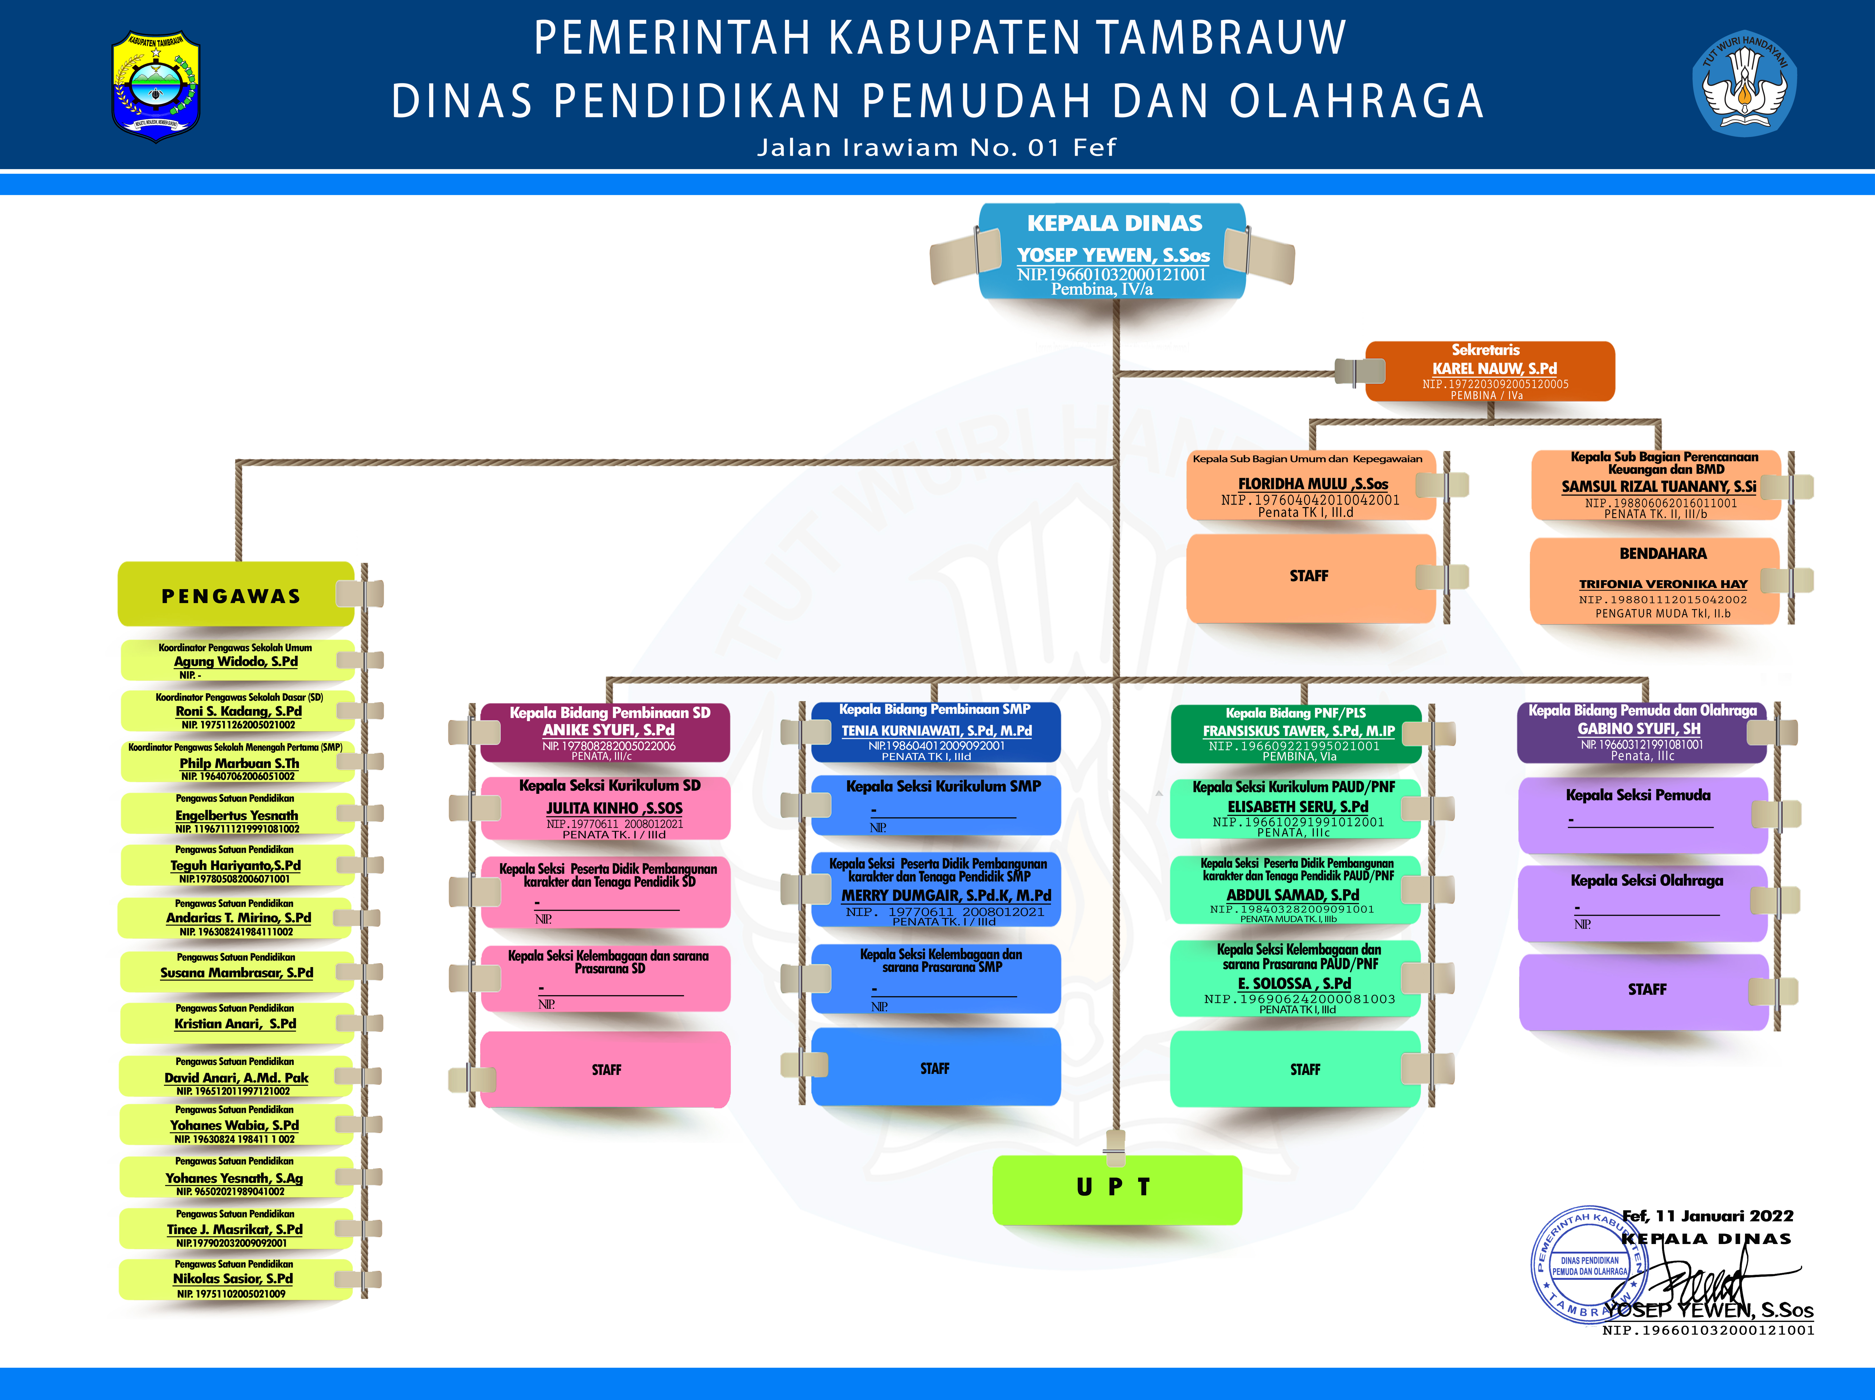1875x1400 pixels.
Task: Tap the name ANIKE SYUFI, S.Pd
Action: (x=608, y=730)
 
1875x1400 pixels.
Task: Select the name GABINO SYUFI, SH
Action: (x=1639, y=729)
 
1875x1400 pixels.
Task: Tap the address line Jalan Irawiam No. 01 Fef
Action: (x=937, y=148)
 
